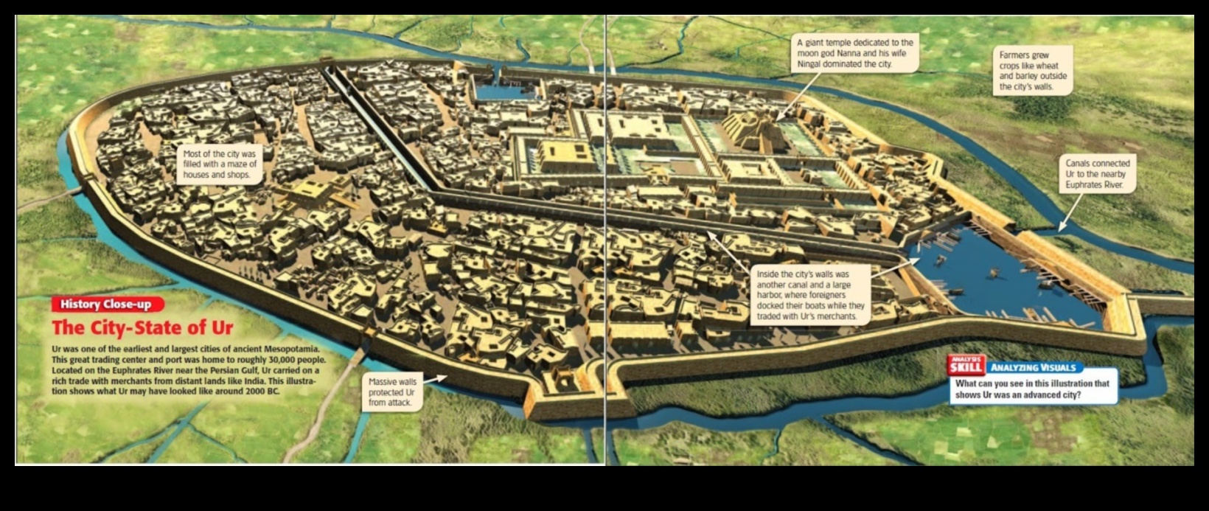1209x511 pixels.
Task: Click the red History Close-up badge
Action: coord(107,304)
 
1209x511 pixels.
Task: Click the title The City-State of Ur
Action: coord(142,327)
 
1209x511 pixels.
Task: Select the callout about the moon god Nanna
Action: coord(855,53)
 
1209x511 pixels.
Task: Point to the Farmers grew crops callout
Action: coord(1033,71)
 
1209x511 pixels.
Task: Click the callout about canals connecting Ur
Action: coord(1098,174)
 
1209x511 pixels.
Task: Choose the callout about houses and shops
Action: coord(220,164)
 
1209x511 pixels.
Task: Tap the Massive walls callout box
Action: coord(392,392)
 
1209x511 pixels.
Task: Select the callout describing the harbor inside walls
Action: coord(810,295)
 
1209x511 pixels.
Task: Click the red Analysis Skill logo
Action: coord(966,366)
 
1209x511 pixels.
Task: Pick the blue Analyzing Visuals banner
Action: coord(1034,367)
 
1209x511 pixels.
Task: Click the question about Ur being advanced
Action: coord(1032,389)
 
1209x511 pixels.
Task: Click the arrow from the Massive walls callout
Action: coord(435,378)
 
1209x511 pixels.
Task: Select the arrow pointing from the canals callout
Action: coord(1065,218)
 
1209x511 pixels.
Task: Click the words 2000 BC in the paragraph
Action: coord(265,392)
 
